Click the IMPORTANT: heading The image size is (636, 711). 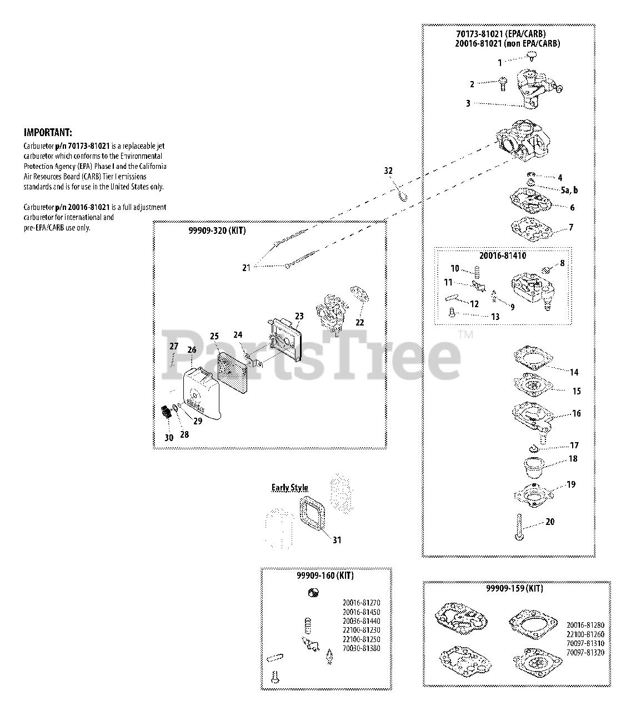tap(47, 133)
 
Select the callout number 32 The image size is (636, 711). tap(388, 170)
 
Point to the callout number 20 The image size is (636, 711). tap(550, 522)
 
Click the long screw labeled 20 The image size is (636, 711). tap(518, 527)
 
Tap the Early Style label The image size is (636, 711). tap(289, 488)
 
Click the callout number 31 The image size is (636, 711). tap(337, 539)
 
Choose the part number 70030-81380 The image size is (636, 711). tap(362, 648)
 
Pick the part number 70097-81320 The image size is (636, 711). tap(585, 653)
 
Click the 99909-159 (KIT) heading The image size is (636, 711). tap(514, 588)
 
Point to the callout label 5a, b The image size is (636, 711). tap(569, 190)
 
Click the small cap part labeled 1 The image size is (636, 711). tap(533, 55)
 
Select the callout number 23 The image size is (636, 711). tap(299, 317)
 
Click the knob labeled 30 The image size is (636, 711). tap(165, 413)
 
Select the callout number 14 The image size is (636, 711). tap(574, 372)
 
